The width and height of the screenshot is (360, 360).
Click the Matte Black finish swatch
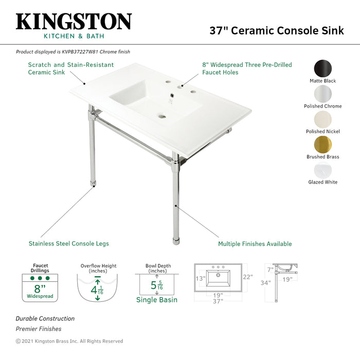click(x=323, y=68)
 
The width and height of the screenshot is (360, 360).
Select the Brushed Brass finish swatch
click(x=323, y=145)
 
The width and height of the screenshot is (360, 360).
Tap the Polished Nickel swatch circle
click(x=323, y=119)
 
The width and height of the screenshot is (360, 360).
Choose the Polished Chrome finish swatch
click(x=323, y=94)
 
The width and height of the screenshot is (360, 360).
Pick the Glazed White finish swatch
click(x=323, y=170)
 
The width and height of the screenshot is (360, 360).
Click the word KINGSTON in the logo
click(x=74, y=22)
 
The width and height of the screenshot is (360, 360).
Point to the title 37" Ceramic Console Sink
click(x=277, y=30)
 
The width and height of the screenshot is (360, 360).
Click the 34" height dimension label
click(x=266, y=283)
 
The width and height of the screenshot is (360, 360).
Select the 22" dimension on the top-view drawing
click(x=248, y=277)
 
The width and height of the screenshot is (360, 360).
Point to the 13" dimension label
click(x=201, y=279)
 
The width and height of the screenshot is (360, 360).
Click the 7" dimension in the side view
click(x=270, y=269)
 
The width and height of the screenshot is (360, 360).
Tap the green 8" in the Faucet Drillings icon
click(x=40, y=289)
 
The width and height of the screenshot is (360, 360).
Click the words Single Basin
click(x=157, y=300)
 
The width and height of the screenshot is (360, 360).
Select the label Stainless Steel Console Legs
click(x=68, y=244)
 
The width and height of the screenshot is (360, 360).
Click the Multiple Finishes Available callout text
click(x=255, y=244)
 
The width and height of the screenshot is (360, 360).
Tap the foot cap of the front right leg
click(x=176, y=242)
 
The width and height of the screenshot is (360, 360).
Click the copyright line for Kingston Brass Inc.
click(x=69, y=341)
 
